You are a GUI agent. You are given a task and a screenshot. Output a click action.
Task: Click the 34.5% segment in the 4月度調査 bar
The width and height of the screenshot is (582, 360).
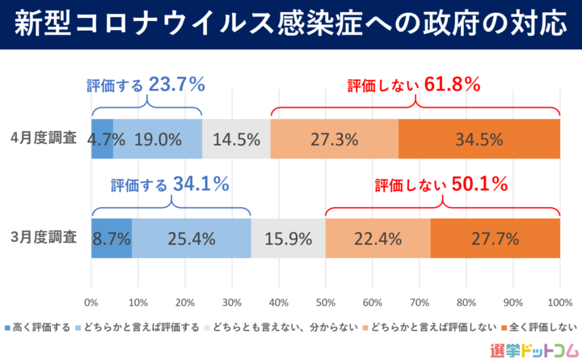pos(479,138)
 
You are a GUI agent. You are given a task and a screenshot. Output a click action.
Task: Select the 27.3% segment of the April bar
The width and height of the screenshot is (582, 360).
pos(335,138)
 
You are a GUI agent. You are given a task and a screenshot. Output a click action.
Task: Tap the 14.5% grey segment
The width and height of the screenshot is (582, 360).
pos(236,138)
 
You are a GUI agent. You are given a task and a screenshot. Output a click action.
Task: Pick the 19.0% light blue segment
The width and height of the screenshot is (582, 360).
pos(158,138)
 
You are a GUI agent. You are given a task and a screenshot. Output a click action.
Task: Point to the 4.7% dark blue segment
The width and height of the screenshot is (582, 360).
pos(102,138)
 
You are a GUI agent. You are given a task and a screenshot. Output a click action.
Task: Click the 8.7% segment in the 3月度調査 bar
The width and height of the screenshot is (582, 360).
pos(112,239)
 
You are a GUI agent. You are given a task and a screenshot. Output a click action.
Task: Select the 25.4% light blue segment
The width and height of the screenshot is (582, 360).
pos(192,239)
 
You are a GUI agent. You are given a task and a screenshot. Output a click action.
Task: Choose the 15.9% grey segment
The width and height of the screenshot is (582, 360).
pos(289,239)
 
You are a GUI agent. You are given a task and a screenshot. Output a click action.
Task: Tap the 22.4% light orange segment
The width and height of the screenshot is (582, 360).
pos(377,239)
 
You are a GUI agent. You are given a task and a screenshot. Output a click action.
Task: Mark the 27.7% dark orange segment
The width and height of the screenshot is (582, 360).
pos(495,239)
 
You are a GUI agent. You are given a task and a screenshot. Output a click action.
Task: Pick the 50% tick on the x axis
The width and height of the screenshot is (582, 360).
pos(325,303)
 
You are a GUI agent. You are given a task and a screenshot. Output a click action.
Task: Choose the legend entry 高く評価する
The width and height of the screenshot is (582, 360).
pos(37,327)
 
